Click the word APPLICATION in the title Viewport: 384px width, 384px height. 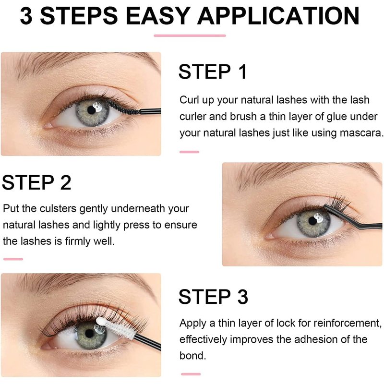pos(278,16)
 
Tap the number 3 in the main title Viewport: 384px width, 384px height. pos(26,16)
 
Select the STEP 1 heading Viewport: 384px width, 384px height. pos(213,72)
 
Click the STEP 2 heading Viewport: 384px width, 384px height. pos(36,182)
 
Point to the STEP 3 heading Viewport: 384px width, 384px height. pos(213,297)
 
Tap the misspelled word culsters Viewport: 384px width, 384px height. pos(58,209)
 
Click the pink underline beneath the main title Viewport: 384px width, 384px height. pos(190,36)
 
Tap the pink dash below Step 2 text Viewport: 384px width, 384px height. pos(13,259)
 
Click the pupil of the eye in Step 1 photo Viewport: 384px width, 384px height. pos(91,110)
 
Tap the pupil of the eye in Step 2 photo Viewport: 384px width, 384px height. pos(312,221)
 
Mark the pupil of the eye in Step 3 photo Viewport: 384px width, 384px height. pos(89,333)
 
